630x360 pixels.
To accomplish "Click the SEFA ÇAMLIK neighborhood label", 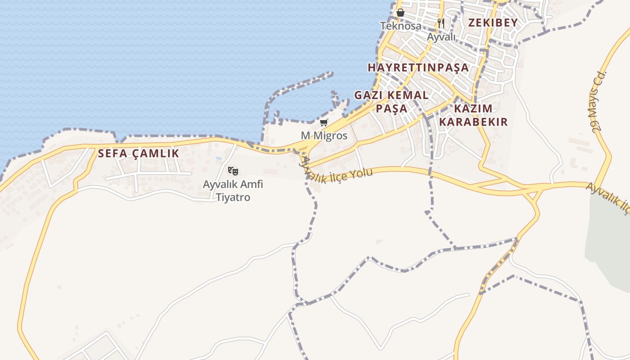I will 139,153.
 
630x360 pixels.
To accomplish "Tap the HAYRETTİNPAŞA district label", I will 418,67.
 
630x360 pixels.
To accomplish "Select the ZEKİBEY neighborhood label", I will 493,22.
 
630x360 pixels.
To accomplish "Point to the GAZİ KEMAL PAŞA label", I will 391,102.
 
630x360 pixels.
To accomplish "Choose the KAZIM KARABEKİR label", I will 473,115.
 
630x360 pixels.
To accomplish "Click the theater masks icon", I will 233,171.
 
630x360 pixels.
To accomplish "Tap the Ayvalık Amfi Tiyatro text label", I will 233,190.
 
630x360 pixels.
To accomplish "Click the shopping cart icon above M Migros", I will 324,122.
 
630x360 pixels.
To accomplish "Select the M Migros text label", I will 324,135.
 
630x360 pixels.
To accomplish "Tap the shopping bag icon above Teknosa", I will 400,13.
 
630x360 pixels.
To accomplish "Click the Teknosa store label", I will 400,26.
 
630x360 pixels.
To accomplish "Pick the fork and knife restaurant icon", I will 441,23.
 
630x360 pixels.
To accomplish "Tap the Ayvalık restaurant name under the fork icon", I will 441,37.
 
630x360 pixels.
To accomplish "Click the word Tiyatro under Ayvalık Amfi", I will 233,197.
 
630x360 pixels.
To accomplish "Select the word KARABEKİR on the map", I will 473,122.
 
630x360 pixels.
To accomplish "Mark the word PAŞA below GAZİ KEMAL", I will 391,108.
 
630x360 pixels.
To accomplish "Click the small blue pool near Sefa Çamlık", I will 219,158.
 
